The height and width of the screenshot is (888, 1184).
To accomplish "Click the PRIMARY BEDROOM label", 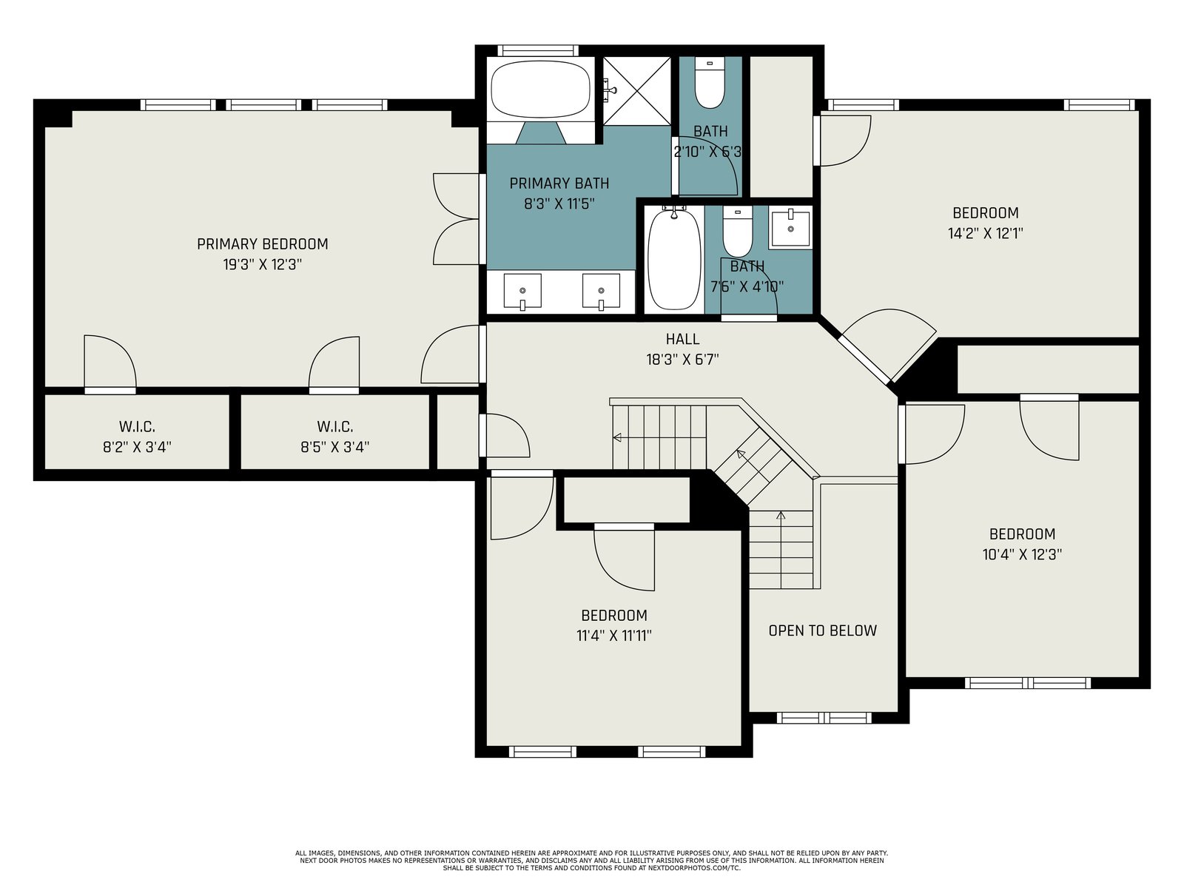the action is pos(262,244).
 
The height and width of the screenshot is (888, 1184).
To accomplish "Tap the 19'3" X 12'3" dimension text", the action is pos(262,265).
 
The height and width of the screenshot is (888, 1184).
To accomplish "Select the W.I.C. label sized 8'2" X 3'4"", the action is pos(137,427).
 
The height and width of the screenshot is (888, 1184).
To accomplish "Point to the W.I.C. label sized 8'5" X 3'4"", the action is pos(335,427).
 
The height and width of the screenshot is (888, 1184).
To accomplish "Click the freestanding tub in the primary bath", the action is pos(540,89).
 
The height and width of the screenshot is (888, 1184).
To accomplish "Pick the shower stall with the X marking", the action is pos(637,90).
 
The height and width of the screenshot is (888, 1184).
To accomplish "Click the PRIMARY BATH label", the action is pos(559,184).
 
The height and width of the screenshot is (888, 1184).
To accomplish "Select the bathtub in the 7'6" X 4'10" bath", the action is pos(673,259).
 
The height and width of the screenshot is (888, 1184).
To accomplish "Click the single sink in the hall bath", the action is pos(790,229).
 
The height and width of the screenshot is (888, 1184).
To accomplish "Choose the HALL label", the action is pos(682,339).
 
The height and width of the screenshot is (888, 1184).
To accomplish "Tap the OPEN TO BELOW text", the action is pos(823,630).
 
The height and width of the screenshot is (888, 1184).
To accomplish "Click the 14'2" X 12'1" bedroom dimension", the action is pos(986,233).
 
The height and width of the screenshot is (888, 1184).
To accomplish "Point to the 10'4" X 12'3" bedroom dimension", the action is pos(1022,555).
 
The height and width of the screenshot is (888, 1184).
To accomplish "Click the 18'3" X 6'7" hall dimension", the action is pos(682,360).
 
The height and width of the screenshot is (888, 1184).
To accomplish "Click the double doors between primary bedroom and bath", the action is pos(456,219).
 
